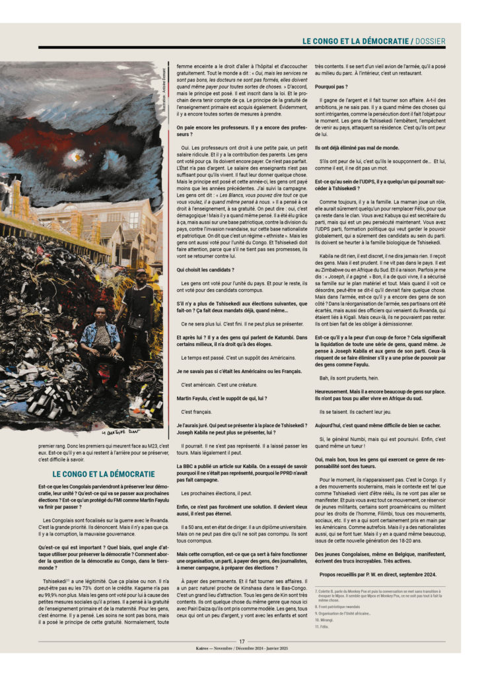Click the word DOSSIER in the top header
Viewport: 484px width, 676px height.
[430, 40]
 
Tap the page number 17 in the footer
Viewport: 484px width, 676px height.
[242, 640]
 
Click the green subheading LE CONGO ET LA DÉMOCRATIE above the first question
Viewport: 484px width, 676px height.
[104, 473]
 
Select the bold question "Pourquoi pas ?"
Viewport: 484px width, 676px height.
[331, 86]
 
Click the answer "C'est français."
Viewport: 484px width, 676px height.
[198, 411]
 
